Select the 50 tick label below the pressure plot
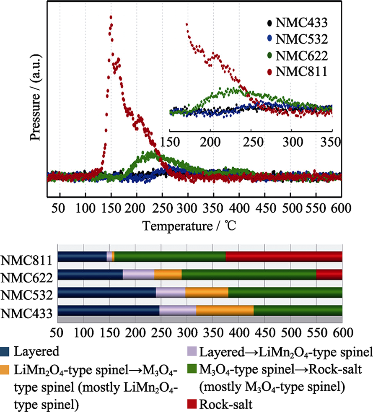pyautogui.click(x=60, y=208)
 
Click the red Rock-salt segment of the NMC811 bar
pyautogui.click(x=284, y=257)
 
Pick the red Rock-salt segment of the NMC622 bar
pyautogui.click(x=329, y=275)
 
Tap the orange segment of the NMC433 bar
pyautogui.click(x=225, y=311)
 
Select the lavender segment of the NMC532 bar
pyautogui.click(x=171, y=293)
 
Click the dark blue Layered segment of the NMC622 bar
pyautogui.click(x=90, y=275)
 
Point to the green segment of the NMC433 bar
pyautogui.click(x=298, y=311)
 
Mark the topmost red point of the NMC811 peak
pyautogui.click(x=111, y=17)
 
